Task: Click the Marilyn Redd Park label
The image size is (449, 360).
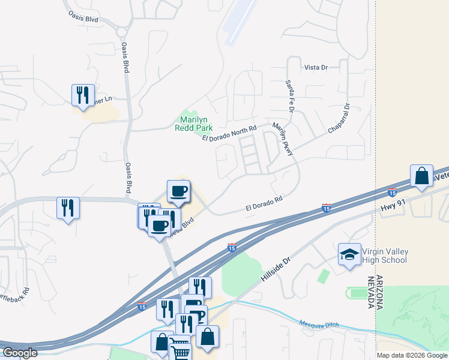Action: click(194, 124)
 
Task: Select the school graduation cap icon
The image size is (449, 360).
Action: click(349, 255)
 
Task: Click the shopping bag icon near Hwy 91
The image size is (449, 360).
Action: click(421, 176)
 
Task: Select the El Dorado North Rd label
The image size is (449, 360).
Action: click(229, 133)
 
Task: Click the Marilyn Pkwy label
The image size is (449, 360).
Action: click(282, 140)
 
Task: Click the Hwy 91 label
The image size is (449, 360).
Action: click(393, 208)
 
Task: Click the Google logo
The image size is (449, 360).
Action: click(20, 353)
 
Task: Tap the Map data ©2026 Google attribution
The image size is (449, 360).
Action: click(412, 355)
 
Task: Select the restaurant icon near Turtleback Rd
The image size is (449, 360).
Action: click(67, 208)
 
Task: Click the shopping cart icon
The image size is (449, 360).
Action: click(179, 349)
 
